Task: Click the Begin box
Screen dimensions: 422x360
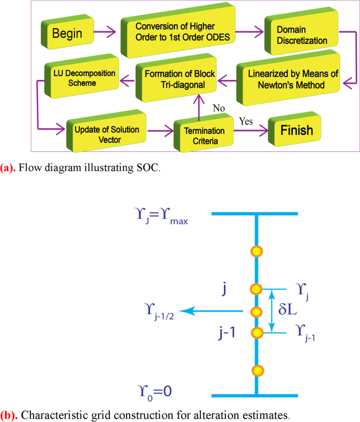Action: (67, 33)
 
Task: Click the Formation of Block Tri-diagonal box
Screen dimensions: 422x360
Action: (176, 80)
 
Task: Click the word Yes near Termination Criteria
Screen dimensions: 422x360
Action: (246, 121)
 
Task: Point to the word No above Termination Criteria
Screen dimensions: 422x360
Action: (219, 108)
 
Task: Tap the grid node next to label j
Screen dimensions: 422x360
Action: (256, 289)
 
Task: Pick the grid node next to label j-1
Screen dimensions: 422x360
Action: (256, 333)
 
